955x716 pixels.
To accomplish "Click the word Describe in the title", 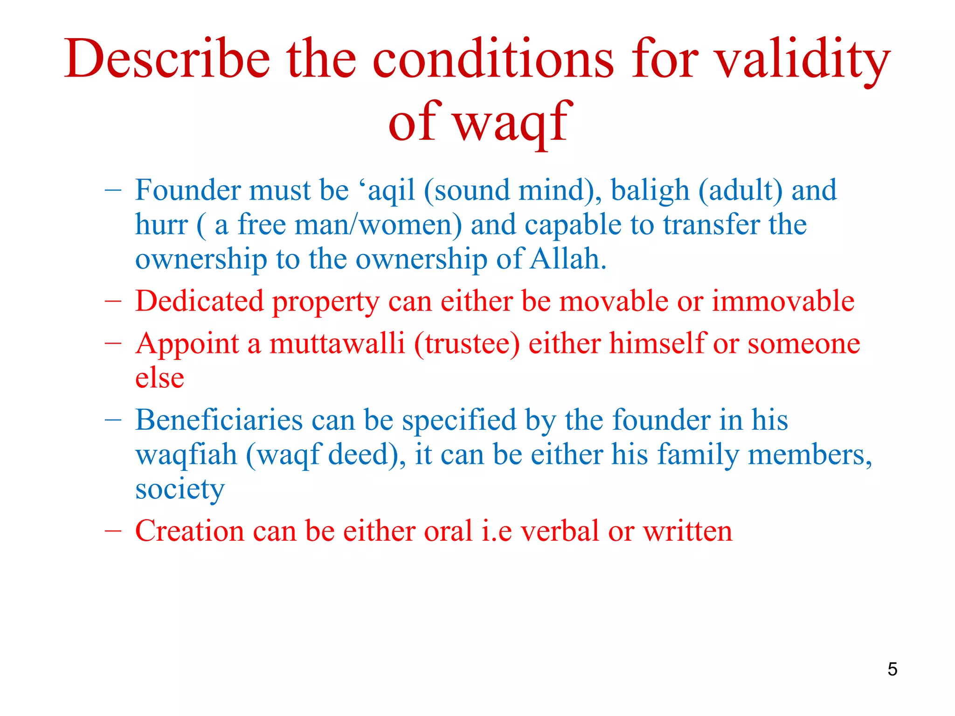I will click(167, 59).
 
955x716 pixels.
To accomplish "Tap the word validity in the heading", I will click(802, 59).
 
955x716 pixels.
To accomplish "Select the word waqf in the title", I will click(512, 122).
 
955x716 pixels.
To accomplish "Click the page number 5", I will click(892, 669).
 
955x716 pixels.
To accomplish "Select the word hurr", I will click(161, 225).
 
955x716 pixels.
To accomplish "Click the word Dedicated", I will click(199, 301).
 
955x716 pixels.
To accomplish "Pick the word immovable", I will click(783, 301).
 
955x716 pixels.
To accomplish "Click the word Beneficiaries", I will click(219, 420).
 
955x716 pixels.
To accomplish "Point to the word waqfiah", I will click(186, 454).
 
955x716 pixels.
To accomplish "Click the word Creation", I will click(189, 531).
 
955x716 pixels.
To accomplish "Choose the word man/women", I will click(378, 225).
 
